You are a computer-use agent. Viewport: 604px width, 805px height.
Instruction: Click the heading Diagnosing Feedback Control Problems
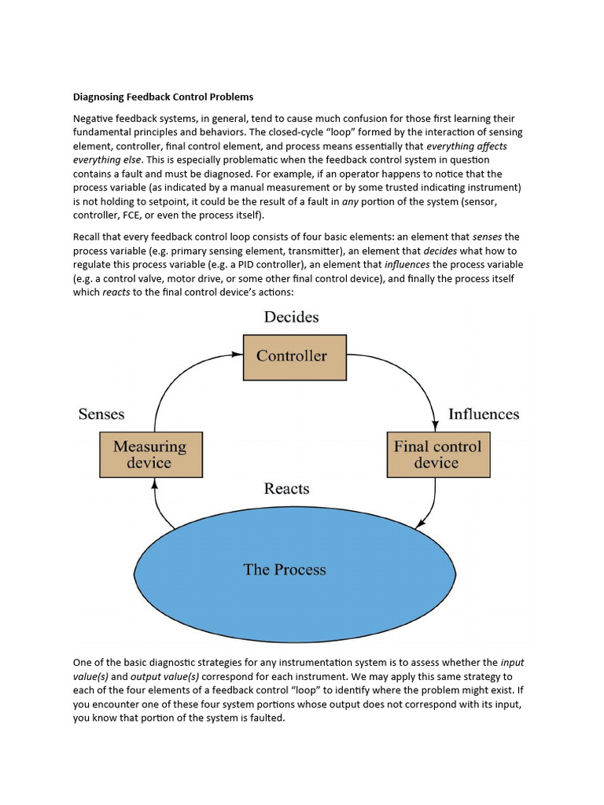[163, 97]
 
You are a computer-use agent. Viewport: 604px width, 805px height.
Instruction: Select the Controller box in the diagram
[292, 357]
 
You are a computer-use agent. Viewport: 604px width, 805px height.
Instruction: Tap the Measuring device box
[149, 454]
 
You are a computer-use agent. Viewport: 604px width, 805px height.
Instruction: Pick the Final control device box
[436, 454]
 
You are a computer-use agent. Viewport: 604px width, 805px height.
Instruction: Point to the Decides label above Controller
[291, 318]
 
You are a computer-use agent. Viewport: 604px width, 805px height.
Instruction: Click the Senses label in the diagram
[101, 414]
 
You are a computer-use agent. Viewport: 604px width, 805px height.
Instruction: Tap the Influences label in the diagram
[484, 414]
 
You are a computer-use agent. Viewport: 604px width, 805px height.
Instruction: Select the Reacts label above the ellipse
[286, 489]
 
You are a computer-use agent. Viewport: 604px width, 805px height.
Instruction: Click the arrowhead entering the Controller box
[238, 355]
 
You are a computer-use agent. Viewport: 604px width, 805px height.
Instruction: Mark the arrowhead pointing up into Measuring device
[154, 483]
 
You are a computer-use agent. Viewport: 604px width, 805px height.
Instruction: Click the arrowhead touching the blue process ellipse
[420, 524]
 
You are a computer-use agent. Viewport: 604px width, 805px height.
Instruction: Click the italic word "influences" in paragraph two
[407, 264]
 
